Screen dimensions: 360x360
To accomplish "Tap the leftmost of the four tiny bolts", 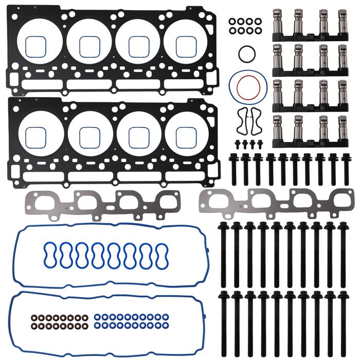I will coord(238,143).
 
